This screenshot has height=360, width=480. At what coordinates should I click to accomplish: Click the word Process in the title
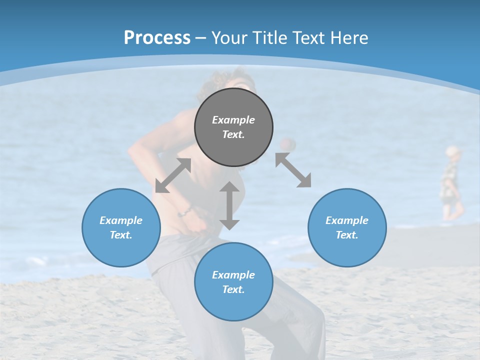click(x=157, y=38)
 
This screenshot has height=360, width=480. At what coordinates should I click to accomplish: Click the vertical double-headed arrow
click(x=229, y=205)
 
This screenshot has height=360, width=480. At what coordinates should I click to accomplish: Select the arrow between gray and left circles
click(x=173, y=175)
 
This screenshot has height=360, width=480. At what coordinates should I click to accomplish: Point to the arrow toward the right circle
click(x=293, y=170)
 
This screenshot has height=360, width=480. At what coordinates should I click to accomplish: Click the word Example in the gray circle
click(x=233, y=120)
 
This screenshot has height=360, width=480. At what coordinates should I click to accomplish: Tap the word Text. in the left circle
click(x=121, y=235)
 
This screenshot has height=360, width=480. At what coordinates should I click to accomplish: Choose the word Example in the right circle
click(x=347, y=220)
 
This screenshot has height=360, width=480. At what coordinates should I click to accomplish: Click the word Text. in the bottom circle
click(x=233, y=289)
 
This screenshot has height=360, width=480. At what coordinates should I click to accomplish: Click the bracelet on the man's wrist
click(x=185, y=211)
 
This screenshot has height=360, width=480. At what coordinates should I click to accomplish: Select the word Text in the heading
click(x=307, y=38)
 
